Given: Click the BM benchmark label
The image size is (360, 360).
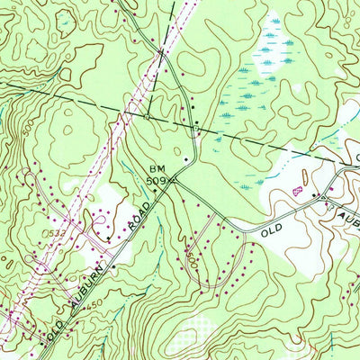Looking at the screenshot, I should [x=157, y=168].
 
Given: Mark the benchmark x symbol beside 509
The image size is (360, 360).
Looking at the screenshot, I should [x=175, y=179].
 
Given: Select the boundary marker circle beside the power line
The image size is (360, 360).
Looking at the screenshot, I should [x=146, y=115].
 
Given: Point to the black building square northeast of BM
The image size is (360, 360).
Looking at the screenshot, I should [x=186, y=159].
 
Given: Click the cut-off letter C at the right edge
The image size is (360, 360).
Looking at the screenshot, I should [x=356, y=156].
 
